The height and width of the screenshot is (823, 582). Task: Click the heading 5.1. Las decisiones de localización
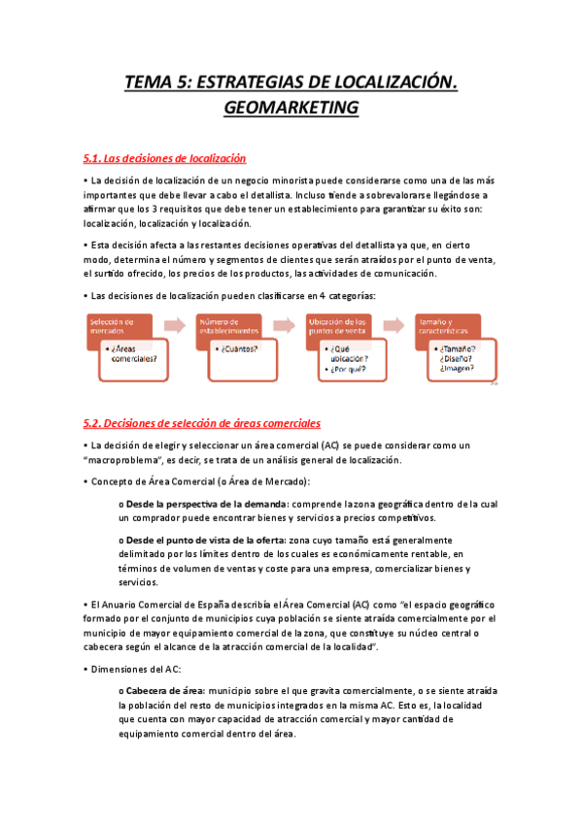pyautogui.click(x=165, y=158)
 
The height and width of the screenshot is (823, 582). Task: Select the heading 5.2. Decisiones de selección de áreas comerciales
pyautogui.click(x=202, y=423)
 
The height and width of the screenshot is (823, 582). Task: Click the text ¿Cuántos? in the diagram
pyautogui.click(x=239, y=348)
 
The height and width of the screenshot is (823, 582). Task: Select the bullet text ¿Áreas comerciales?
pyautogui.click(x=133, y=354)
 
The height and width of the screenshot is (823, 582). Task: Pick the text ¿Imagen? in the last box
pyautogui.click(x=458, y=368)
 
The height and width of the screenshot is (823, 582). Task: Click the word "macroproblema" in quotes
pyautogui.click(x=124, y=460)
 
